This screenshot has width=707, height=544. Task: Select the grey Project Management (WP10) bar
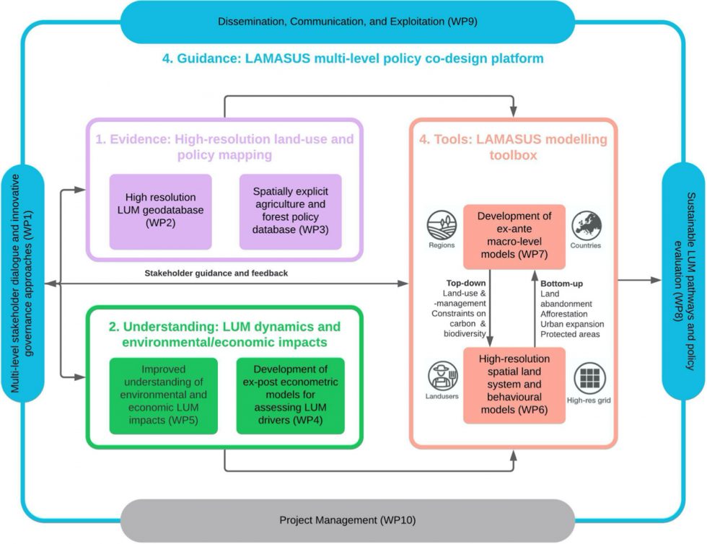pos(348,519)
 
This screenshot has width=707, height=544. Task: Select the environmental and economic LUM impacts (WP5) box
pos(159,395)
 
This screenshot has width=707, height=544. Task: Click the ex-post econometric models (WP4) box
pos(290,395)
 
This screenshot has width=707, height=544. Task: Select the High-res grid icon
pos(589,377)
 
